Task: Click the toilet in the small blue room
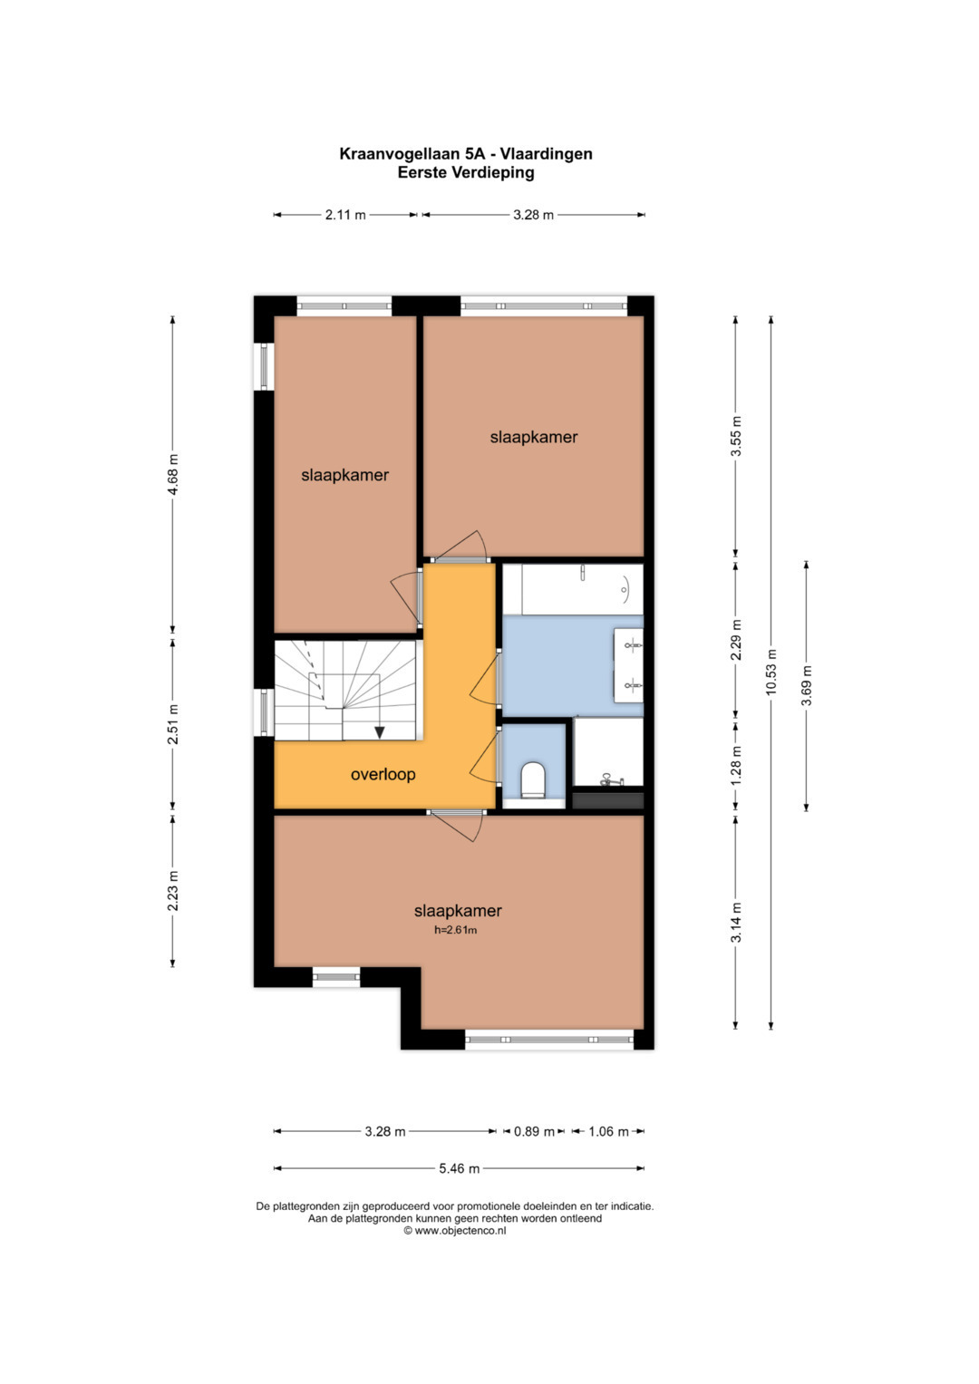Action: coord(533,779)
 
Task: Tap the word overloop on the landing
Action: coord(383,774)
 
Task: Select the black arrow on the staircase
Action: coord(380,732)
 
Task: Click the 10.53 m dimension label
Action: coord(771,673)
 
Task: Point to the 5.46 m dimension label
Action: coord(460,1168)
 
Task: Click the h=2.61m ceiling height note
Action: coord(455,929)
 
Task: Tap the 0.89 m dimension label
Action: coord(534,1131)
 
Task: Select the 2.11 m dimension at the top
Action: coord(345,215)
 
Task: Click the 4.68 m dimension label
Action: coord(173,475)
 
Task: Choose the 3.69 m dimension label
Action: coord(807,685)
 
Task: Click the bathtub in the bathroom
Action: coord(582,589)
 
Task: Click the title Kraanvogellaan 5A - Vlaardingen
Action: coord(466,154)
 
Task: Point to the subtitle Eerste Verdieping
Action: coord(466,172)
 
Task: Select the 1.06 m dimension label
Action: coord(608,1131)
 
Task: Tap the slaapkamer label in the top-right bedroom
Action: coord(534,437)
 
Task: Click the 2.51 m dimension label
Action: coord(173,723)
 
